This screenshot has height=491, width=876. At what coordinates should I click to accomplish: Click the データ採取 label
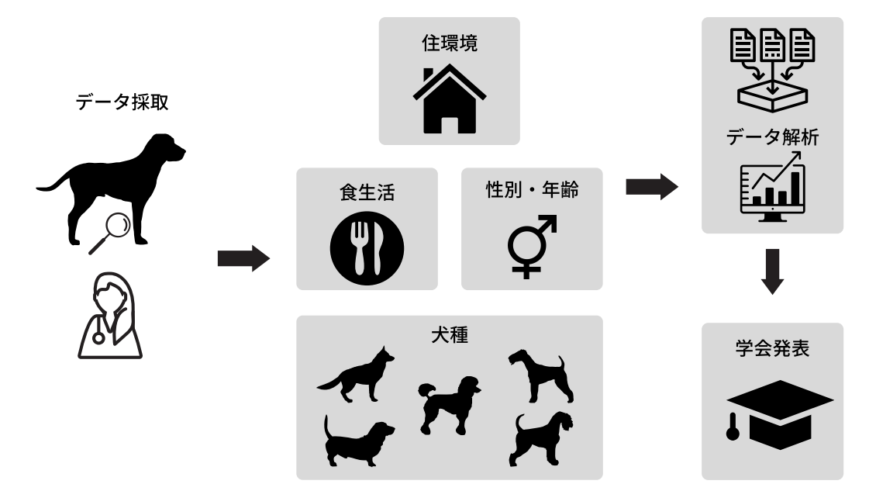(122, 102)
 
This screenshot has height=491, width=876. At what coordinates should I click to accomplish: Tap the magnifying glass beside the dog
(111, 232)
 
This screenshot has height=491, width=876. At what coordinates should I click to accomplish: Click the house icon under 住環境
(449, 99)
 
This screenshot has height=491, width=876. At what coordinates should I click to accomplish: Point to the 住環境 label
(449, 43)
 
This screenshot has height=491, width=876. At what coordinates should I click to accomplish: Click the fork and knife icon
(367, 248)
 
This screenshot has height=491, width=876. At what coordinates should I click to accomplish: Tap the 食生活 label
(367, 192)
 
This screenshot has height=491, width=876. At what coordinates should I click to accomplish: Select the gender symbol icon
(532, 247)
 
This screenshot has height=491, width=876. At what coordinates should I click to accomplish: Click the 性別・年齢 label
(532, 189)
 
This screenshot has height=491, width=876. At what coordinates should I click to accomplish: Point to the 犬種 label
(450, 335)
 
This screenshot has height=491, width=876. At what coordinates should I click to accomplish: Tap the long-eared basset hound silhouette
(359, 441)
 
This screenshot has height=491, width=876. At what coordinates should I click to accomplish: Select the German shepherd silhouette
(357, 375)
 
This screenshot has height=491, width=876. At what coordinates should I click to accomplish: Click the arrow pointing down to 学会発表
(773, 271)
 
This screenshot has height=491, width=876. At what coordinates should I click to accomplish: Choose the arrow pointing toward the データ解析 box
(652, 187)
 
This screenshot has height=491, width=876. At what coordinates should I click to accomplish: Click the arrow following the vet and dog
(243, 258)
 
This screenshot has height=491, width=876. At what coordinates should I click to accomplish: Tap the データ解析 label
(773, 137)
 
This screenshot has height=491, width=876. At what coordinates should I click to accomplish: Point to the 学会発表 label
(773, 348)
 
